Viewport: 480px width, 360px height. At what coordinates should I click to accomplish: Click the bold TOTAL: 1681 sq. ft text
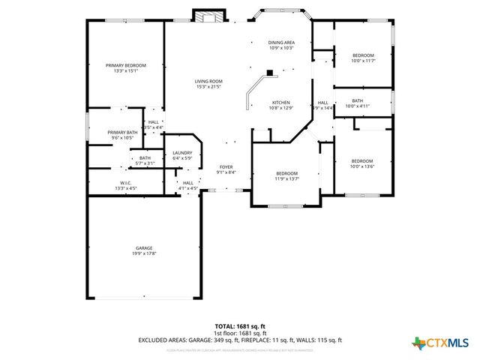[239, 326]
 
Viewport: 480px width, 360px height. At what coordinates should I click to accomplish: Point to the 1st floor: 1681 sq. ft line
[239, 333]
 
